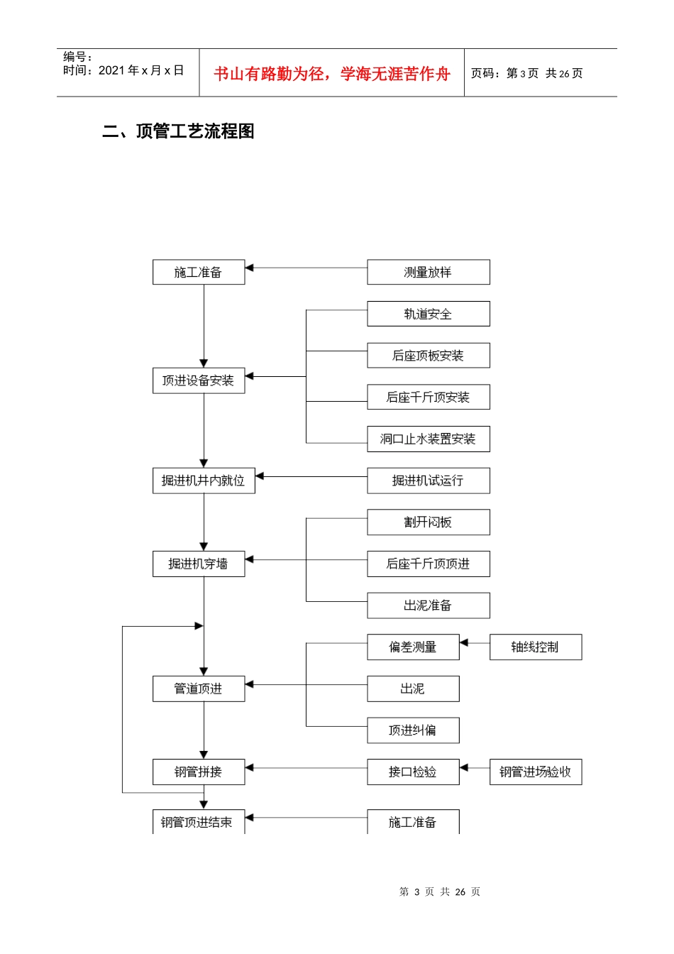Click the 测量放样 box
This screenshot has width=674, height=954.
(x=428, y=273)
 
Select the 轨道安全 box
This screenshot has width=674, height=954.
(x=428, y=314)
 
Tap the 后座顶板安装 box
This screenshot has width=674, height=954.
(x=428, y=356)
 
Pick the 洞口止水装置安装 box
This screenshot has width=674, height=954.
(x=428, y=439)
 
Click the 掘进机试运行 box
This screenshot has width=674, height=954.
(x=428, y=481)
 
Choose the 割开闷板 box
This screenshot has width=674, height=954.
(x=428, y=522)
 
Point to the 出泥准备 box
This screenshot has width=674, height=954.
(x=428, y=605)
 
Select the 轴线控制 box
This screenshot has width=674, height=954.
(x=535, y=647)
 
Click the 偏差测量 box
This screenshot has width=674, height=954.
(x=413, y=647)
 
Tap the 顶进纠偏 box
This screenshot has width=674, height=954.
(x=413, y=730)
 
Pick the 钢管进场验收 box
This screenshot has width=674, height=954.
(x=535, y=772)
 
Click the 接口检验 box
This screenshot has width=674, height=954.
(x=413, y=772)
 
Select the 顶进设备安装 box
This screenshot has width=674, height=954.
(x=199, y=380)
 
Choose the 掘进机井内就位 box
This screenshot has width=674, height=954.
(x=204, y=481)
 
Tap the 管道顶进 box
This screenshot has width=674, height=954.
(x=199, y=689)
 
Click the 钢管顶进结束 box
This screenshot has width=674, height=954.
(x=199, y=822)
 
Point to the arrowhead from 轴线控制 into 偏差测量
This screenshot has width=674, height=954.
(x=464, y=643)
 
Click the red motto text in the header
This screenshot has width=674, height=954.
(x=331, y=74)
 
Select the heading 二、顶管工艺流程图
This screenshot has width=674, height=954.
(x=178, y=131)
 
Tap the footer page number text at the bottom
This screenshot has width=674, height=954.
(x=439, y=892)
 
